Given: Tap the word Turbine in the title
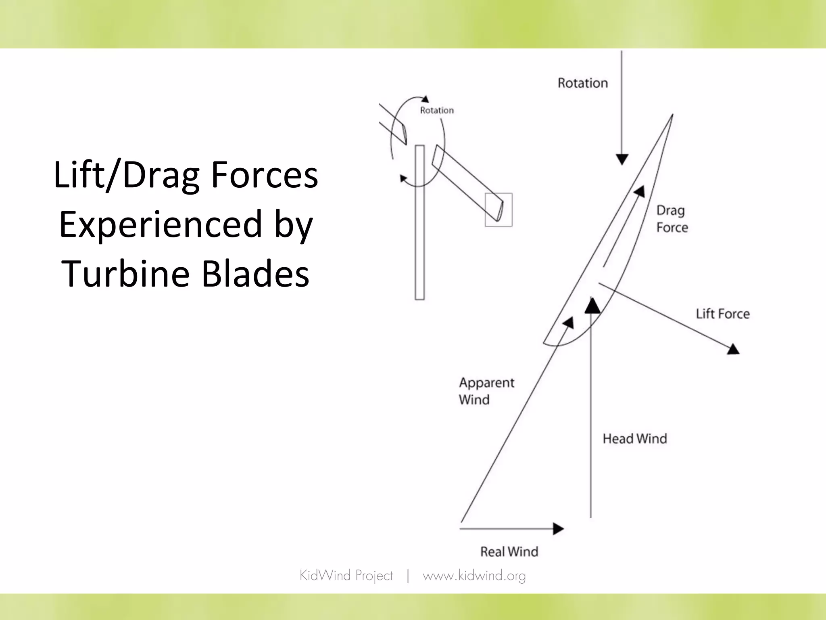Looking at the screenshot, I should pos(125,274).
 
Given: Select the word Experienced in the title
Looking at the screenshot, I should pos(161,225).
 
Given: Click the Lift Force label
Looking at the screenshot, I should pos(722,314).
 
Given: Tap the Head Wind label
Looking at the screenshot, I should pos(634,439).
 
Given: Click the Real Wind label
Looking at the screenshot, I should pos(509,552).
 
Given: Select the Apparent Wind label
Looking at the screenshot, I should pos(486,391).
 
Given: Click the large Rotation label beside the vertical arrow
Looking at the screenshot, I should pos(582,83).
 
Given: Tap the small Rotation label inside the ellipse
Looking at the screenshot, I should pos(437,111).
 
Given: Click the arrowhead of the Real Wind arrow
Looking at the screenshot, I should pos(559,528).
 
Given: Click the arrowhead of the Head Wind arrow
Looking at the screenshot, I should pos(592,306).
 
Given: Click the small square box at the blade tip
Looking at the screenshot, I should pos(499,210).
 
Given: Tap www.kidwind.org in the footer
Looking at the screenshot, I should pos(474,576).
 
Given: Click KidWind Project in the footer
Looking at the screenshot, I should pos(346,576).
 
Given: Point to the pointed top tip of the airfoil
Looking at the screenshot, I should pos(672,116).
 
